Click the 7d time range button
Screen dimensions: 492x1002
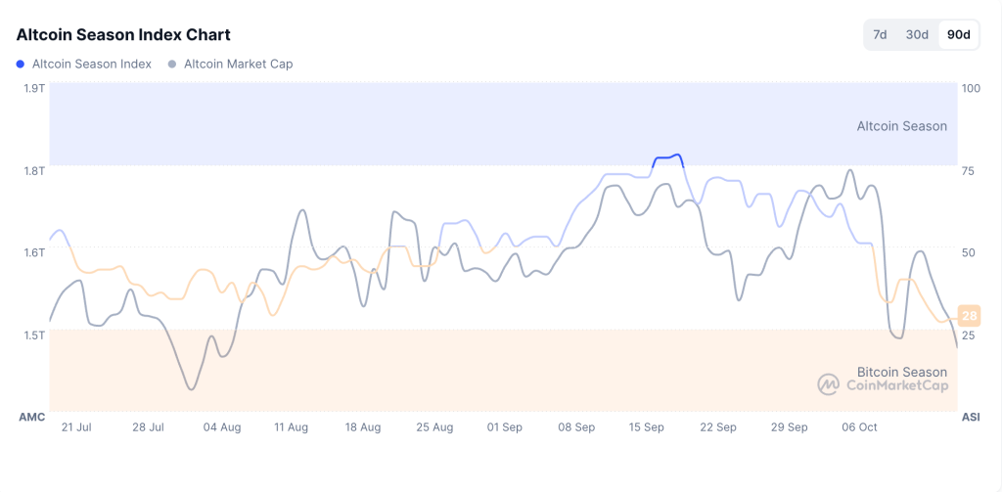click(880, 35)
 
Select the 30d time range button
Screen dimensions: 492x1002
click(917, 35)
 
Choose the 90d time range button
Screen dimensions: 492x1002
click(959, 35)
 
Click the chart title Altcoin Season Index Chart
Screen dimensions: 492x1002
click(123, 35)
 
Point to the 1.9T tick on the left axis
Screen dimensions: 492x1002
click(34, 88)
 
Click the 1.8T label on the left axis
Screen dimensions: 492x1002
click(34, 170)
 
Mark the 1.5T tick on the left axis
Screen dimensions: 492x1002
click(34, 335)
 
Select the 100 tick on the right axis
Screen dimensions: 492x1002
click(972, 88)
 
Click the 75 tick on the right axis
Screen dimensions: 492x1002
click(969, 170)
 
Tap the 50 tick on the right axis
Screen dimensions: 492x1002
click(969, 252)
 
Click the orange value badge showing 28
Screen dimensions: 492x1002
click(970, 316)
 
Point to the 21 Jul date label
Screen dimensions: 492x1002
click(76, 427)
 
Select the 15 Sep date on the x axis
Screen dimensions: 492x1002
click(647, 427)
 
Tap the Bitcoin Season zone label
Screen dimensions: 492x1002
click(901, 372)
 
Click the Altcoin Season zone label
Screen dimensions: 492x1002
click(901, 126)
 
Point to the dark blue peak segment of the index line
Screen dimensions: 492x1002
click(667, 157)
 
